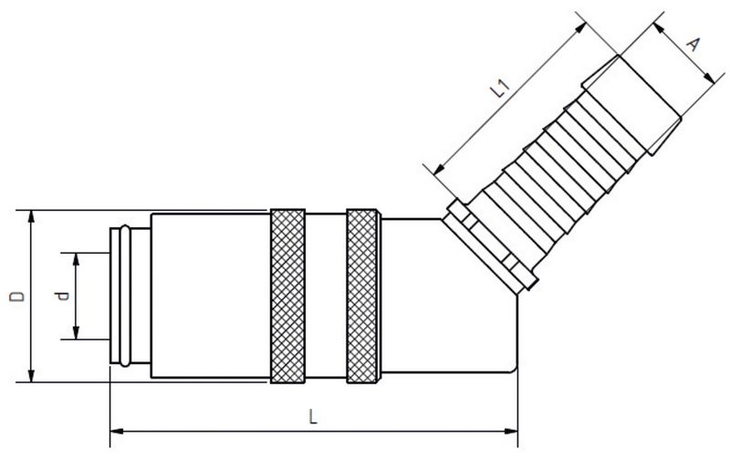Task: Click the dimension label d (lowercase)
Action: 61,296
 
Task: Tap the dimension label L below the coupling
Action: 313,416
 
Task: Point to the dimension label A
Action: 693,44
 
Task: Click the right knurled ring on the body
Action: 363,296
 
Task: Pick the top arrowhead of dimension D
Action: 32,215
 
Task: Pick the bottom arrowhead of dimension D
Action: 32,376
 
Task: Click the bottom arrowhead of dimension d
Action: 77,336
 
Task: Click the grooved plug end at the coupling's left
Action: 129,296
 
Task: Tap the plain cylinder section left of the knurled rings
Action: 210,296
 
